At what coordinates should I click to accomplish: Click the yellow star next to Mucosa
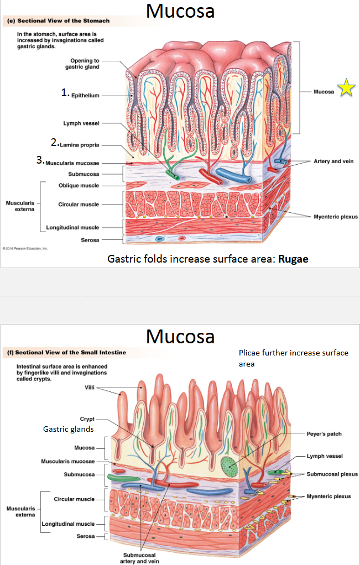click(346, 88)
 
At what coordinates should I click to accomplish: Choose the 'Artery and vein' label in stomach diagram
click(333, 161)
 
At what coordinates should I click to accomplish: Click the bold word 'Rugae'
click(293, 259)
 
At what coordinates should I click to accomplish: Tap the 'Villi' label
click(90, 388)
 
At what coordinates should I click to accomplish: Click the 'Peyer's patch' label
click(324, 434)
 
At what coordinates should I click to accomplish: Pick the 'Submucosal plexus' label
click(332, 474)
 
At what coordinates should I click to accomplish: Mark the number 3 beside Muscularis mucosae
click(39, 160)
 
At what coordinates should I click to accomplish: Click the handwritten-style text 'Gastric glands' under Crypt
click(69, 429)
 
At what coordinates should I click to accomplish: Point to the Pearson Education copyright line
click(24, 248)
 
